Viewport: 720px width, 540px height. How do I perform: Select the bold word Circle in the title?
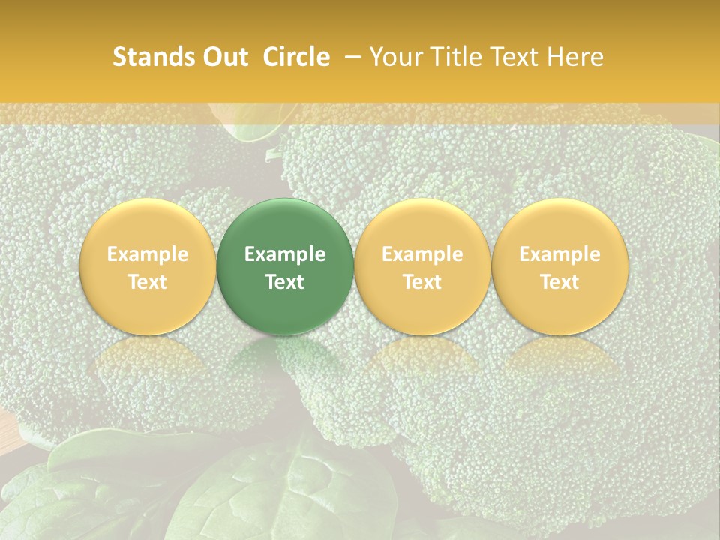pyautogui.click(x=296, y=57)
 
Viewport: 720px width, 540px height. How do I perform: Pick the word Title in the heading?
pyautogui.click(x=457, y=57)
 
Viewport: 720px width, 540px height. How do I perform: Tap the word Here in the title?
pyautogui.click(x=575, y=57)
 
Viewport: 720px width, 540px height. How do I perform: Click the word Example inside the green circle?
pyautogui.click(x=285, y=254)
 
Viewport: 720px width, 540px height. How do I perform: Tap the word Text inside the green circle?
pyautogui.click(x=285, y=282)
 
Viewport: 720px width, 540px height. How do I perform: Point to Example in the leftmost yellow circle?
pyautogui.click(x=148, y=254)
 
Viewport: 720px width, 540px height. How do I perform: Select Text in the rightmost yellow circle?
pyautogui.click(x=559, y=282)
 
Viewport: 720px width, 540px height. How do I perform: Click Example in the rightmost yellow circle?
pyautogui.click(x=559, y=254)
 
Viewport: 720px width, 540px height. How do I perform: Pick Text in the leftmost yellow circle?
pyautogui.click(x=148, y=282)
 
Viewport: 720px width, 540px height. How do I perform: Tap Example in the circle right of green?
pyautogui.click(x=422, y=254)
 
